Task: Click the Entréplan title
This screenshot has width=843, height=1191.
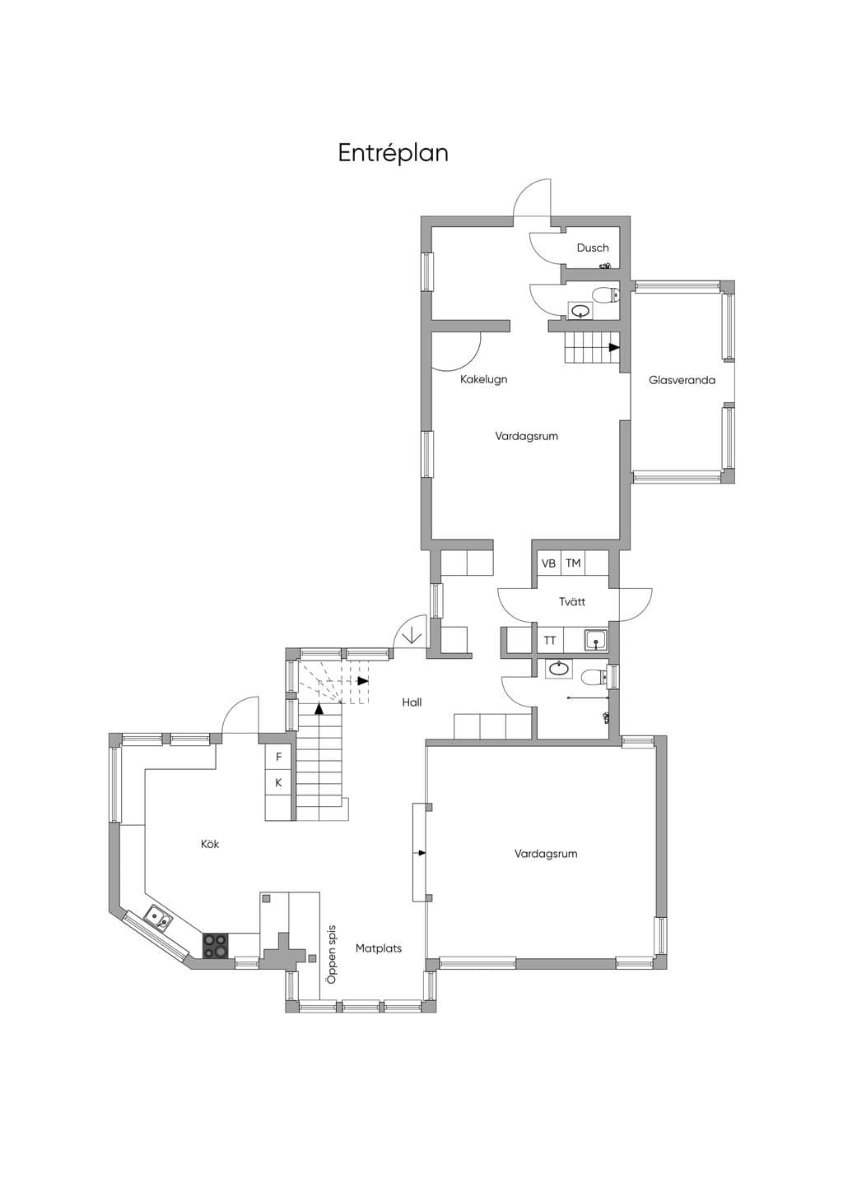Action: (x=393, y=154)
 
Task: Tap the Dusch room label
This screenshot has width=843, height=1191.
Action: (x=593, y=248)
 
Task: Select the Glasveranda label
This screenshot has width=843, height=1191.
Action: (x=682, y=380)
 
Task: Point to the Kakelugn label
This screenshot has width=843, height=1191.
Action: (x=484, y=380)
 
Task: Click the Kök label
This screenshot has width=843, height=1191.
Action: (x=210, y=844)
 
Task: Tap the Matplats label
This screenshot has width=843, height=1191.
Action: (x=379, y=948)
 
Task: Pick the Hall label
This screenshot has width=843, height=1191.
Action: (x=412, y=702)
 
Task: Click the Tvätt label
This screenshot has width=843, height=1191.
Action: (x=572, y=601)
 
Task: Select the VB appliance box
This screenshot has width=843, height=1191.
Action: (x=549, y=563)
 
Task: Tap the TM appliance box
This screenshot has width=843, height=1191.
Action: (x=573, y=563)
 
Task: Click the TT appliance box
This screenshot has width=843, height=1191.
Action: (x=550, y=641)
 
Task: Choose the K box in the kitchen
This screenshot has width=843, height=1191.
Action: (x=278, y=783)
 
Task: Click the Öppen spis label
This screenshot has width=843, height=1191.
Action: (x=332, y=954)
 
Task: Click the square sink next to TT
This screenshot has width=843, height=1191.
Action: (x=596, y=641)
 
